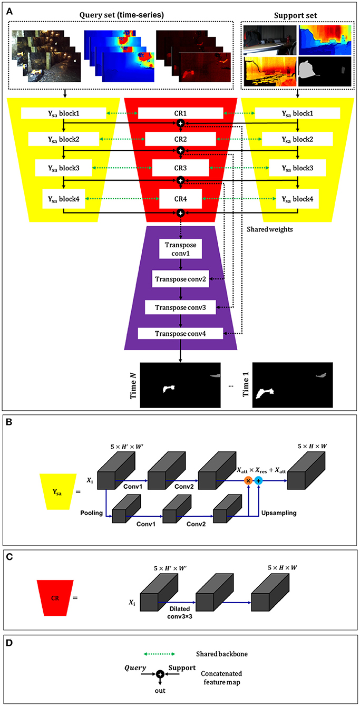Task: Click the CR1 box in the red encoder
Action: coord(180,113)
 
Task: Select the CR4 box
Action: coord(180,199)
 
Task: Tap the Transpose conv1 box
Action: coord(180,248)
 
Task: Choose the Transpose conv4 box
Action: coord(180,333)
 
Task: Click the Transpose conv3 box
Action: coord(180,307)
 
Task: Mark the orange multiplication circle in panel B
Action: coord(248,480)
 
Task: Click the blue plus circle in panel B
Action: coord(258,480)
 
